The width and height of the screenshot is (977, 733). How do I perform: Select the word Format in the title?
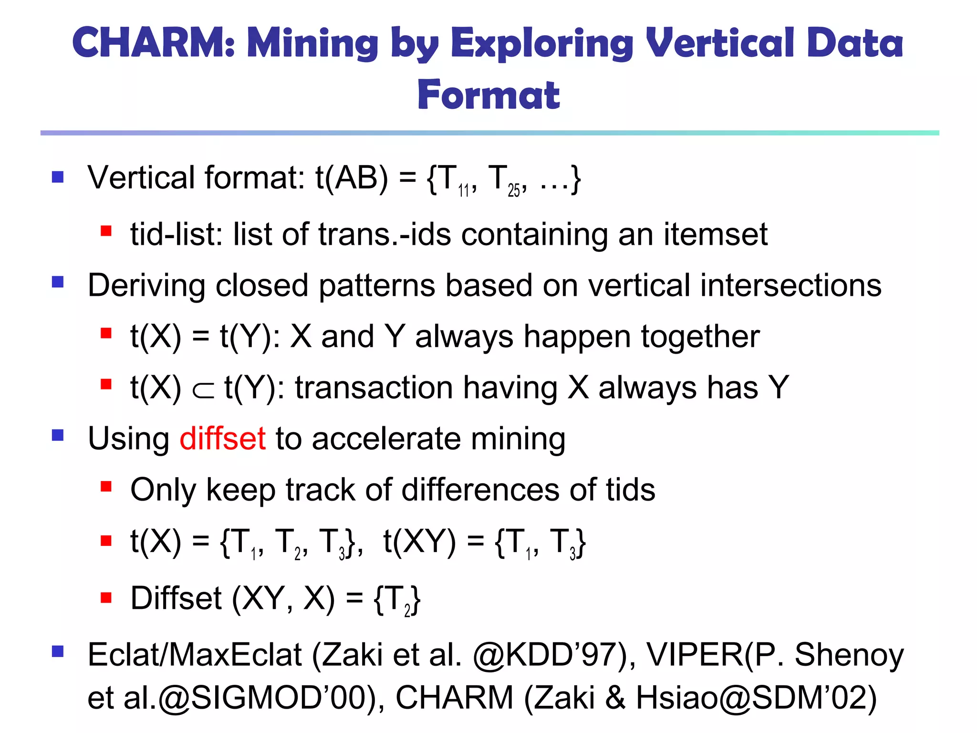coord(488,95)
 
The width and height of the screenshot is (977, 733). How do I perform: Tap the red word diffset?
coord(222,439)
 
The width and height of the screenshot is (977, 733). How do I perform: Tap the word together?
coord(700,337)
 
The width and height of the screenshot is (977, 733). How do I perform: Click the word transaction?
coord(374,387)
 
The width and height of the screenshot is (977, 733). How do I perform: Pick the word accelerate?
coord(386,439)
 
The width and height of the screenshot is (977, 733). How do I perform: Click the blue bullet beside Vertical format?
coord(58,178)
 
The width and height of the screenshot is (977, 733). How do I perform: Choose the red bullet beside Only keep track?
coord(106,487)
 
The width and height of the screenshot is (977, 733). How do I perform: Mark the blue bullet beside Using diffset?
coord(58,435)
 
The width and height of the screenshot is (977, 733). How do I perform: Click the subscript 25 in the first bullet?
coord(514,191)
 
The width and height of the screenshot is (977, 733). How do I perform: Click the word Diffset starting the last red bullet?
coord(176,598)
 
